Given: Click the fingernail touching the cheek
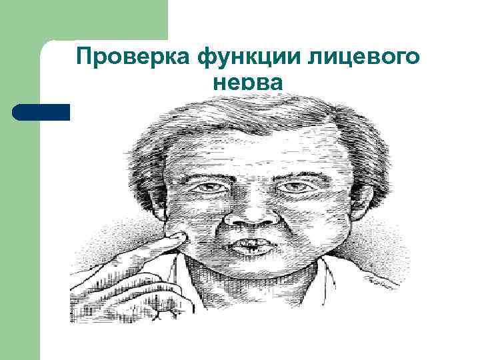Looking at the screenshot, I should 177,236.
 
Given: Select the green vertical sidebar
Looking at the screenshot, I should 20,233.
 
